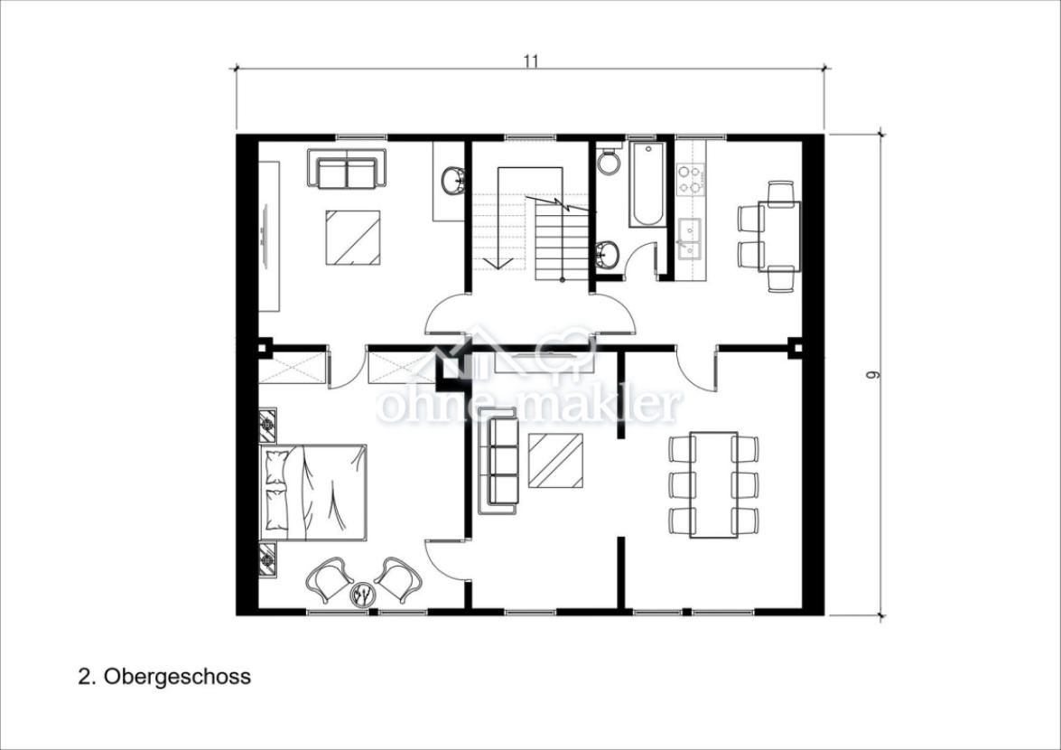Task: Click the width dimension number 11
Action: [x=531, y=61]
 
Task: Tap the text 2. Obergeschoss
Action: [x=164, y=676]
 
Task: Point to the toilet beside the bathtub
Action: [x=609, y=161]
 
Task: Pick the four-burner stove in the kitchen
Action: [x=691, y=178]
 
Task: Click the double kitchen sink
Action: [x=691, y=236]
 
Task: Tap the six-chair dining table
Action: [x=713, y=485]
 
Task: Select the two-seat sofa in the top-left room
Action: [x=346, y=168]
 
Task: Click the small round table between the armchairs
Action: [x=363, y=594]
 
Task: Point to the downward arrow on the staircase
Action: [x=498, y=263]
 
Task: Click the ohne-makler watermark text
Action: [x=529, y=406]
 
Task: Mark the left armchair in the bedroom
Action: [x=328, y=578]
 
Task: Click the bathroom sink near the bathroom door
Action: [x=608, y=254]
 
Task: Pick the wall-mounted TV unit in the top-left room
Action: [x=269, y=236]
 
